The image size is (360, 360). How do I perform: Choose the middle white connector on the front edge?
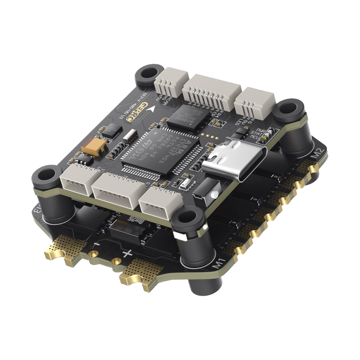(x=118, y=188)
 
